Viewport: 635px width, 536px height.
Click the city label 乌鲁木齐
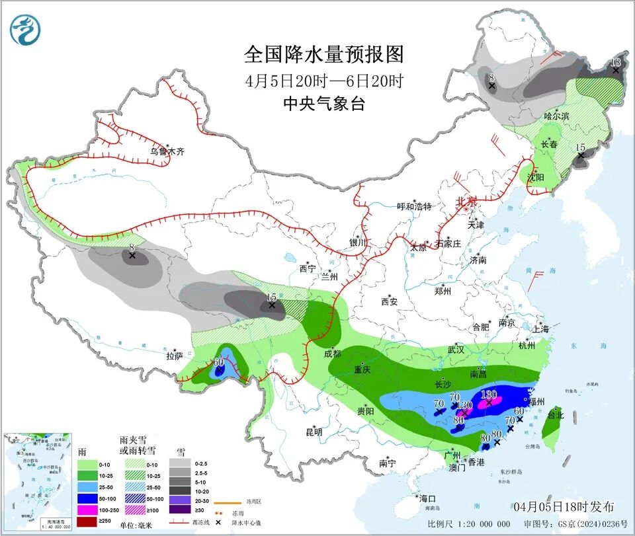coord(166,151)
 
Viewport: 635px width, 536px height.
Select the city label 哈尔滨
coord(556,116)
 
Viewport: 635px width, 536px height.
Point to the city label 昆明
coord(314,432)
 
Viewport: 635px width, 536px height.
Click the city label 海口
coord(427,498)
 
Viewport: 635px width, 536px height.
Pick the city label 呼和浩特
coord(413,207)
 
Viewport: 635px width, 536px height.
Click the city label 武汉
coord(456,349)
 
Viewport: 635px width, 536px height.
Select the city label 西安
coord(389,302)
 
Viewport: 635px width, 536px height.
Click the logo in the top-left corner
coord(25,28)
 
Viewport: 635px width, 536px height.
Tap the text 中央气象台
coord(323,104)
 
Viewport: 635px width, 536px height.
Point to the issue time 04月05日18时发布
coord(563,506)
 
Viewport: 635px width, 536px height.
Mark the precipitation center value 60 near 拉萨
coord(218,363)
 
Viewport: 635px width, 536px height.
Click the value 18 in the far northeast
coord(616,63)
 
